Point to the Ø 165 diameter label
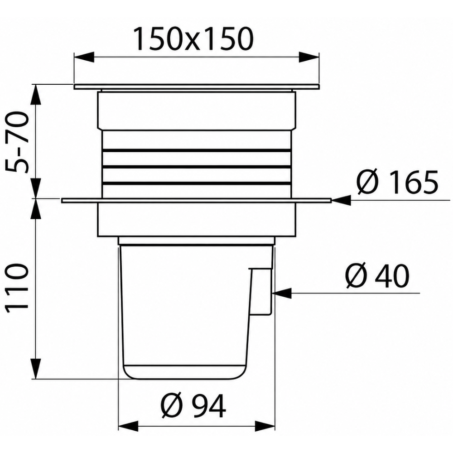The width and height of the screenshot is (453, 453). pyautogui.click(x=398, y=182)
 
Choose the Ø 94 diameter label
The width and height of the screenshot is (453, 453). pyautogui.click(x=193, y=405)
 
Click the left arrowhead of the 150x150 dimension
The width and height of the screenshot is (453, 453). pyautogui.click(x=84, y=57)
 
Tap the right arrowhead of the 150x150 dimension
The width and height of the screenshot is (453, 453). pyautogui.click(x=309, y=57)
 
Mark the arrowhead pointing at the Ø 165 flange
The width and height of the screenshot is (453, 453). pyautogui.click(x=341, y=200)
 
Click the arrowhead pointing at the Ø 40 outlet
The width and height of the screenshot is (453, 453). pyautogui.click(x=282, y=293)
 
